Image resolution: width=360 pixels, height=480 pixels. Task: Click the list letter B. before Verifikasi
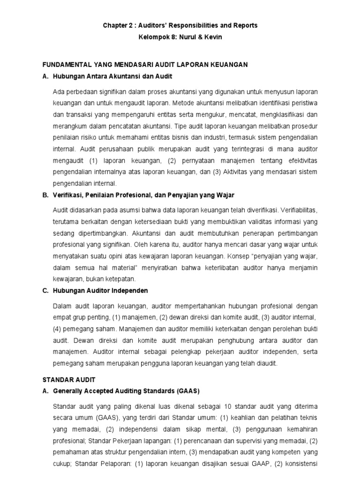tap(45, 195)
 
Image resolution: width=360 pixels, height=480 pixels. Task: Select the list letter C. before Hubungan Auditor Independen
tap(45, 290)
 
